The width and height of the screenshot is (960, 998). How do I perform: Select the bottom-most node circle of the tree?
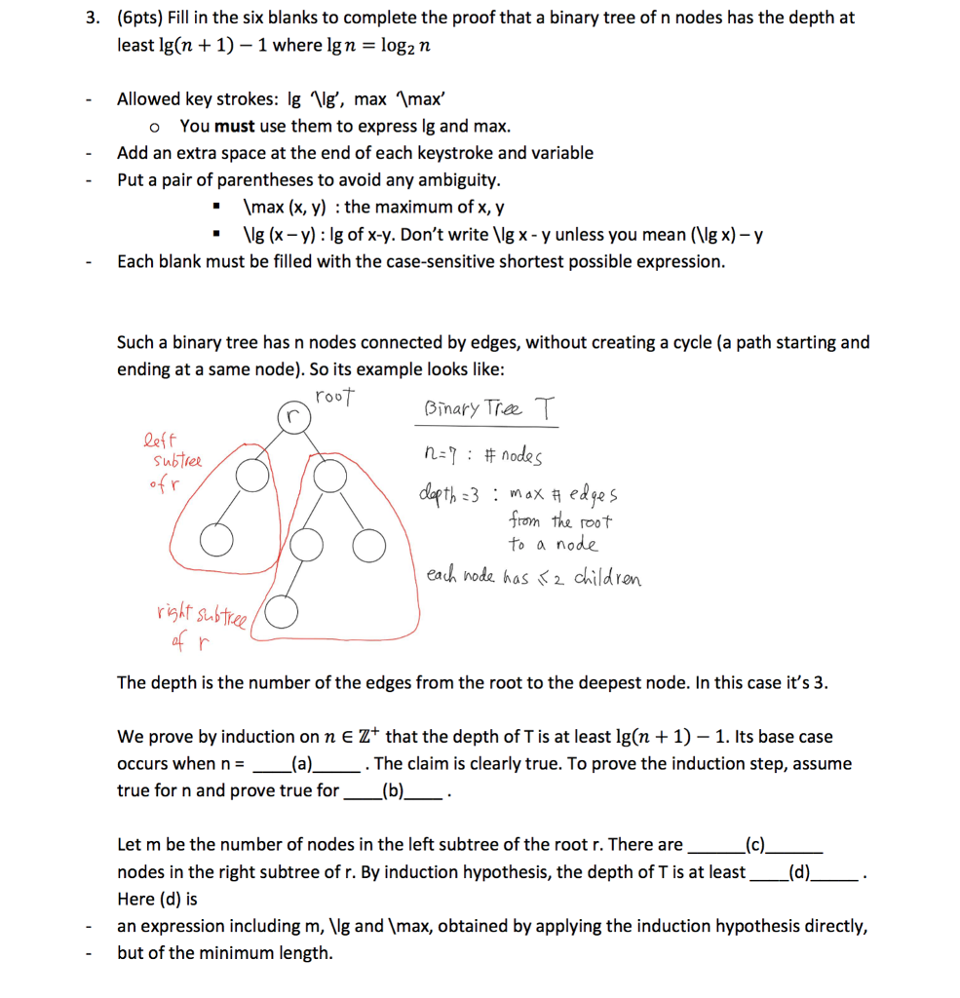coord(281,611)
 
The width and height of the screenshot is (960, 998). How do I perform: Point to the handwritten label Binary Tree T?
coord(490,411)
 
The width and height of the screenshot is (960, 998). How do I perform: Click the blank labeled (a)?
coord(302,763)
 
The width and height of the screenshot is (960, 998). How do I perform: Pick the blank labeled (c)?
coord(754,844)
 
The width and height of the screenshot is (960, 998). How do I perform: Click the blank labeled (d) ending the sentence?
coord(799,871)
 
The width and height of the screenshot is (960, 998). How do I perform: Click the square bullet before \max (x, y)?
coord(218,208)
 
